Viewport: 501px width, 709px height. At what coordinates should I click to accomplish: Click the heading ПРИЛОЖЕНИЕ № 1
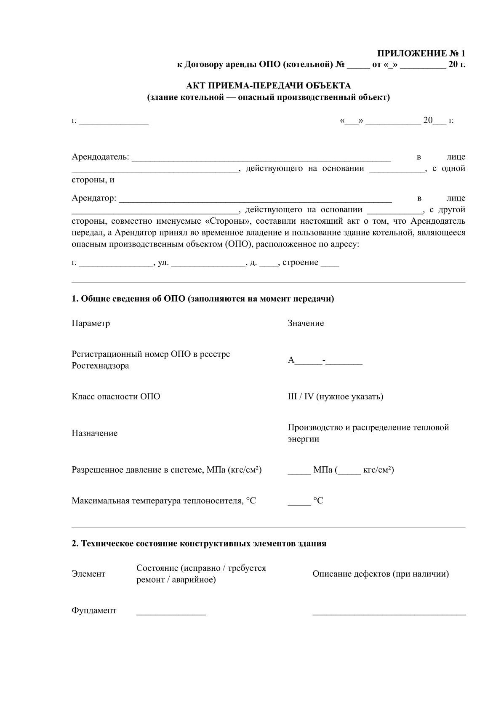[x=421, y=54]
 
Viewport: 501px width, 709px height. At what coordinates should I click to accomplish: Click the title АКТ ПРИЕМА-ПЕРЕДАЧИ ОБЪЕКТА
[x=268, y=86]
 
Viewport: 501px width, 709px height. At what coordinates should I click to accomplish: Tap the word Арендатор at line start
[x=93, y=198]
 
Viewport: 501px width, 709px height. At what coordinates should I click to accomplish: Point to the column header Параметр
[x=91, y=323]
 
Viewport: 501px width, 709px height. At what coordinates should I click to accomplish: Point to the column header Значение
[x=306, y=323]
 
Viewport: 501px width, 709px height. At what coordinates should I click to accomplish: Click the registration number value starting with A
[x=325, y=361]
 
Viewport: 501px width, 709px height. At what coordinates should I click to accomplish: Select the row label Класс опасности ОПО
[x=116, y=396]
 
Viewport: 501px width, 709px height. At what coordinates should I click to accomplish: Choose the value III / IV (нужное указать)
[x=335, y=396]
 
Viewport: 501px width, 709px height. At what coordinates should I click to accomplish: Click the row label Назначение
[x=94, y=433]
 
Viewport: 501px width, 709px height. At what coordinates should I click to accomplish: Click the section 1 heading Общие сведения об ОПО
[x=203, y=299]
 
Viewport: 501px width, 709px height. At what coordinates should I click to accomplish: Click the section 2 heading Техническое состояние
[x=199, y=543]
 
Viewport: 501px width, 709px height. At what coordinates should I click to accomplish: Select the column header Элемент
[x=88, y=574]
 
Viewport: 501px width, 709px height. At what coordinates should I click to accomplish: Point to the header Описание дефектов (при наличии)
[x=380, y=574]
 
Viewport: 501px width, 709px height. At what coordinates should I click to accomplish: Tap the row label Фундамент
[x=94, y=610]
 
